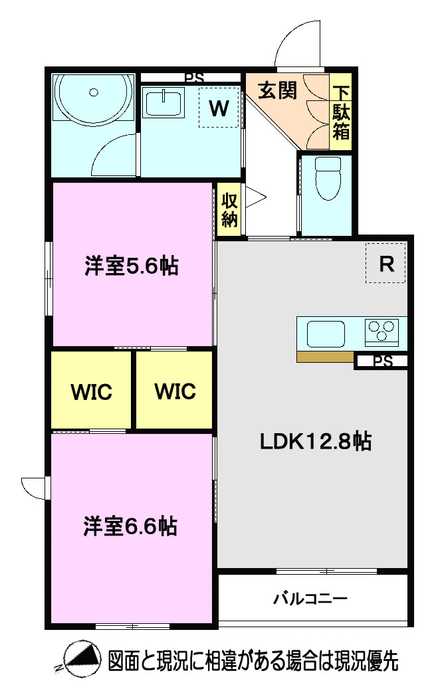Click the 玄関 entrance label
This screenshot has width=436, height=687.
pyautogui.click(x=276, y=90)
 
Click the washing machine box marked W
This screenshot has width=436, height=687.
pyautogui.click(x=219, y=108)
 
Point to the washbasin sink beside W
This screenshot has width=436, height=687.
pyautogui.click(x=163, y=104)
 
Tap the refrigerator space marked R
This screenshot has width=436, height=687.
pyautogui.click(x=385, y=264)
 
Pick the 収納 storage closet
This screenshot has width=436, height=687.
pyautogui.click(x=229, y=209)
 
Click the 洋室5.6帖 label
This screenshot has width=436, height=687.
pyautogui.click(x=131, y=266)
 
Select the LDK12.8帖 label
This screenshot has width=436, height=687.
pyautogui.click(x=315, y=441)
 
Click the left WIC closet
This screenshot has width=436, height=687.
pyautogui.click(x=91, y=391)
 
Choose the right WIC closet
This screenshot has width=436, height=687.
pyautogui.click(x=175, y=391)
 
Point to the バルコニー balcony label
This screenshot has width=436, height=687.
pyautogui.click(x=310, y=599)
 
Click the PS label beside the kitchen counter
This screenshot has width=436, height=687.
pyautogui.click(x=382, y=361)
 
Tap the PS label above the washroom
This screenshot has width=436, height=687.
pyautogui.click(x=194, y=78)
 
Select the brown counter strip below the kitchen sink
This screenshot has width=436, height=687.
pyautogui.click(x=324, y=357)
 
